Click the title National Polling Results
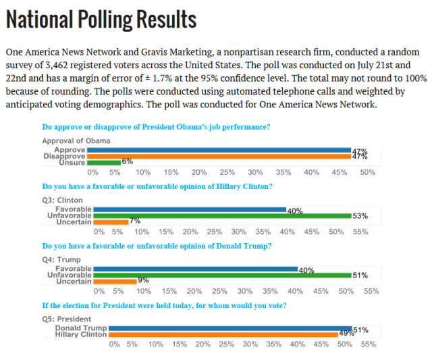pyautogui.click(x=101, y=20)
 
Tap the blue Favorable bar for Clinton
pyautogui.click(x=190, y=209)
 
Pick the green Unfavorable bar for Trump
pyautogui.click(x=222, y=275)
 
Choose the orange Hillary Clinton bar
pyautogui.click(x=223, y=334)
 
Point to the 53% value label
pyautogui.click(x=359, y=216)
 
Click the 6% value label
pyautogui.click(x=127, y=162)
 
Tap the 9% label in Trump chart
pyautogui.click(x=143, y=281)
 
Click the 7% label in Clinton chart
pyautogui.click(x=134, y=222)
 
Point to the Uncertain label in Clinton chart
pyautogui.click(x=74, y=222)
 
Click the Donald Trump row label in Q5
pyautogui.click(x=81, y=328)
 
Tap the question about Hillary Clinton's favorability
pyautogui.click(x=157, y=186)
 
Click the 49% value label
pyautogui.click(x=346, y=334)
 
